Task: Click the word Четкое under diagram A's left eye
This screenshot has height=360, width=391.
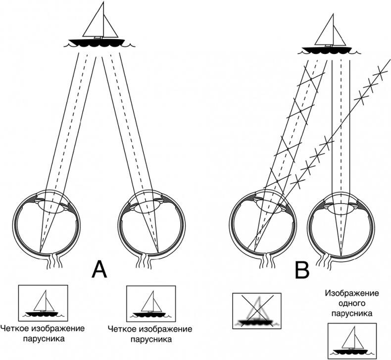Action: pyautogui.click(x=14, y=329)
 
